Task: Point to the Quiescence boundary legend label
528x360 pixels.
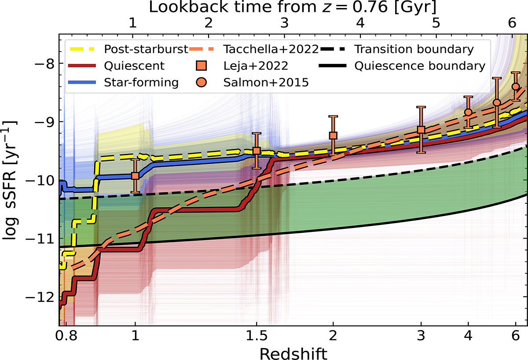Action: coord(420,66)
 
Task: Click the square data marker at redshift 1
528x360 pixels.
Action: coord(135,175)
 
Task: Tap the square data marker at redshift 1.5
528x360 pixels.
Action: coord(257,151)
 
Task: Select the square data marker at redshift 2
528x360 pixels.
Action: coord(333,135)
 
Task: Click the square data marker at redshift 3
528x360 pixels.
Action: coord(421,129)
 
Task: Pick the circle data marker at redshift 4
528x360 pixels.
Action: coord(468,112)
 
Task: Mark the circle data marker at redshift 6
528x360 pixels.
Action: coord(516,86)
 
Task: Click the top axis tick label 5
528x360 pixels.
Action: coord(436,25)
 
